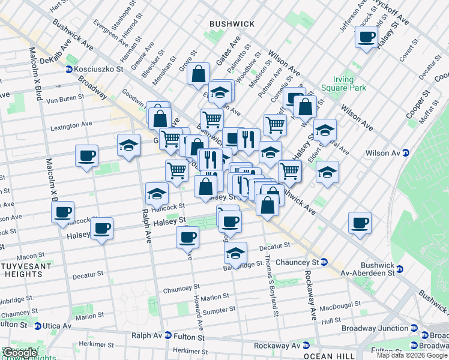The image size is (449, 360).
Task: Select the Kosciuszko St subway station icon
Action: coord(70,70)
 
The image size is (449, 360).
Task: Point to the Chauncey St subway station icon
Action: coord(324,262)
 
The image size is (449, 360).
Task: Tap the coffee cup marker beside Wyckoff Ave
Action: coord(366,37)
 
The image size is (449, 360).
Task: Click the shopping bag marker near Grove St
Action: coord(198,76)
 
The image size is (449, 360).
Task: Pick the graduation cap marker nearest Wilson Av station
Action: coord(327,172)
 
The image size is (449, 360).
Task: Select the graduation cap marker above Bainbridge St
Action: coord(236,253)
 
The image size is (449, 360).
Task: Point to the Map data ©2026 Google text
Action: coord(412,355)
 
